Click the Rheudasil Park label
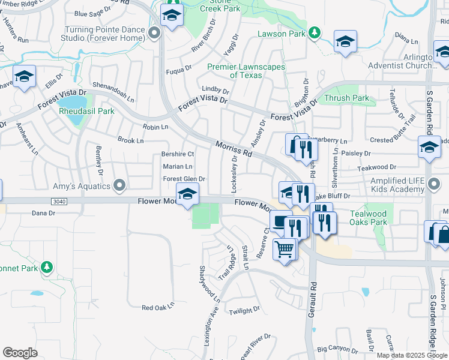pyautogui.click(x=86, y=111)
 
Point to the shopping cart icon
pyautogui.click(x=284, y=248)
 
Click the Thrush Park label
pyautogui.click(x=346, y=98)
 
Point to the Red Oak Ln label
pyautogui.click(x=157, y=307)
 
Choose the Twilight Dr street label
pyautogui.click(x=244, y=310)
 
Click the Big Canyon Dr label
pyautogui.click(x=337, y=348)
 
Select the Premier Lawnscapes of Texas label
pyautogui.click(x=246, y=71)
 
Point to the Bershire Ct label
pyautogui.click(x=178, y=154)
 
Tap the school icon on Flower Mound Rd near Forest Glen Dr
pyautogui.click(x=187, y=194)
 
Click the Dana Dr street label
pyautogui.click(x=43, y=212)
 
